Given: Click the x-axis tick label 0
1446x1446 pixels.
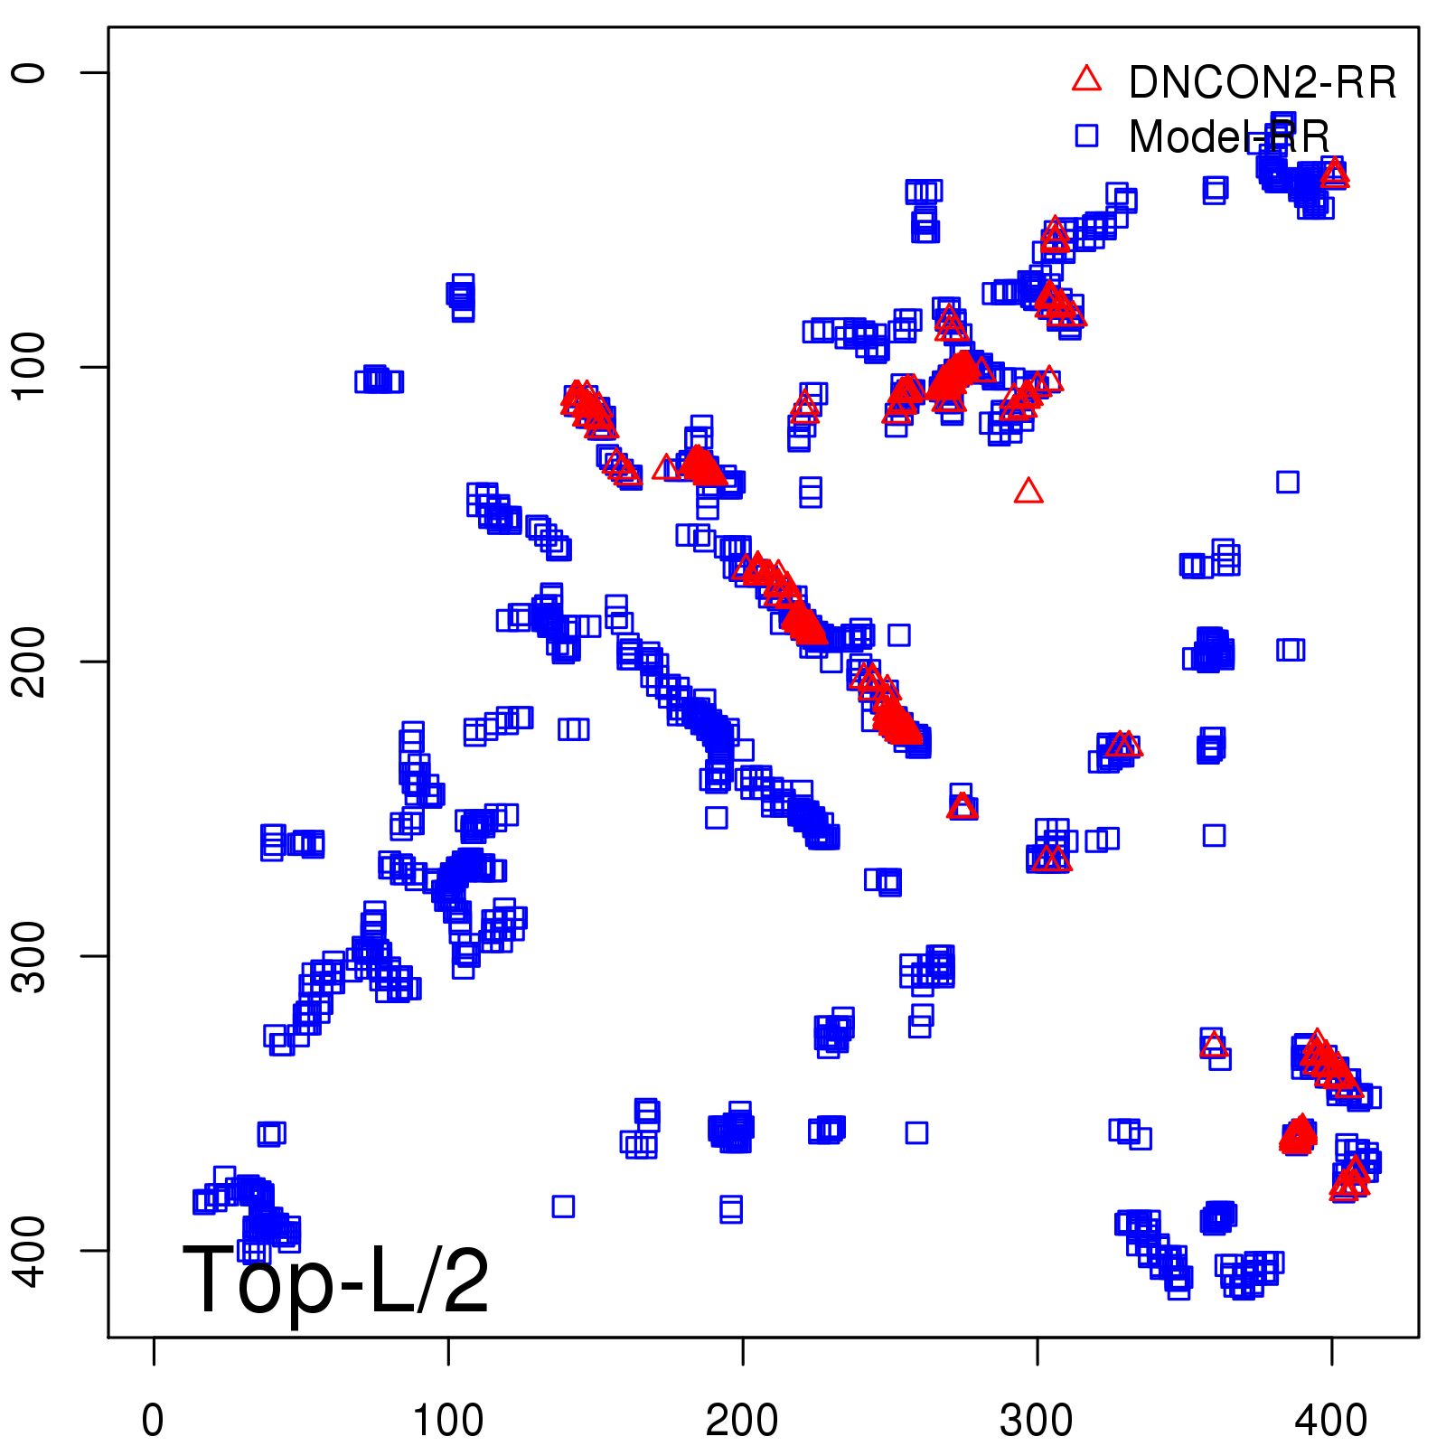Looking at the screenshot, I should [x=153, y=1420].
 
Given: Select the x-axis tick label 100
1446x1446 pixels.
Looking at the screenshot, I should [x=447, y=1420].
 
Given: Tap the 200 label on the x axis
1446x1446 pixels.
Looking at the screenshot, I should [x=742, y=1420].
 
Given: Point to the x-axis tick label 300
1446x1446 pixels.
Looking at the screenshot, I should [x=1037, y=1420].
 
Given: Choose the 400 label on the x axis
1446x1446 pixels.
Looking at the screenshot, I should [x=1331, y=1420].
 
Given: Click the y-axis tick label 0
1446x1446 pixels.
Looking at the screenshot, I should [x=30, y=72].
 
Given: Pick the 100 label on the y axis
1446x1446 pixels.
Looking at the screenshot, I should [x=30, y=366].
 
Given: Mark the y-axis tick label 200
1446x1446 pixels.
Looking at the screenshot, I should [x=30, y=661].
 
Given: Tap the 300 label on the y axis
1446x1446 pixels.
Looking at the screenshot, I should [x=30, y=955].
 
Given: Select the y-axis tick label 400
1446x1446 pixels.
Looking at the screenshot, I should [x=30, y=1250].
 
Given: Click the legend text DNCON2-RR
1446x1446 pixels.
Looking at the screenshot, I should [x=1263, y=83].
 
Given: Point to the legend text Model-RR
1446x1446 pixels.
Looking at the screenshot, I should [x=1229, y=137].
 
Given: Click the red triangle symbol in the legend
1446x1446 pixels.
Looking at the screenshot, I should [x=1086, y=80].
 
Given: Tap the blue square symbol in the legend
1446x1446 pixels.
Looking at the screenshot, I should [x=1086, y=136].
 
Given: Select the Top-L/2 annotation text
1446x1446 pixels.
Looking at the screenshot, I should [x=336, y=1280].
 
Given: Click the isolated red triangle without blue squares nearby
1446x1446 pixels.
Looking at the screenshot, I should [x=1028, y=492].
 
